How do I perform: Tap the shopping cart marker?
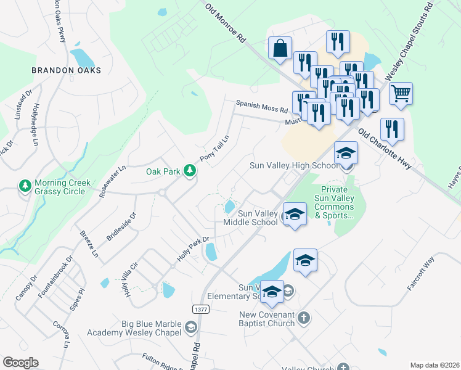401,93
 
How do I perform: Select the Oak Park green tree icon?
190,171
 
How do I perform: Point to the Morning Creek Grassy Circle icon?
25,186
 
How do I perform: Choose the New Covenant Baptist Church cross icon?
303,318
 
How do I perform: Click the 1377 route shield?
199,308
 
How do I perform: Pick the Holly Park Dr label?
194,248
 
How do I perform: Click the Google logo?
20,363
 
